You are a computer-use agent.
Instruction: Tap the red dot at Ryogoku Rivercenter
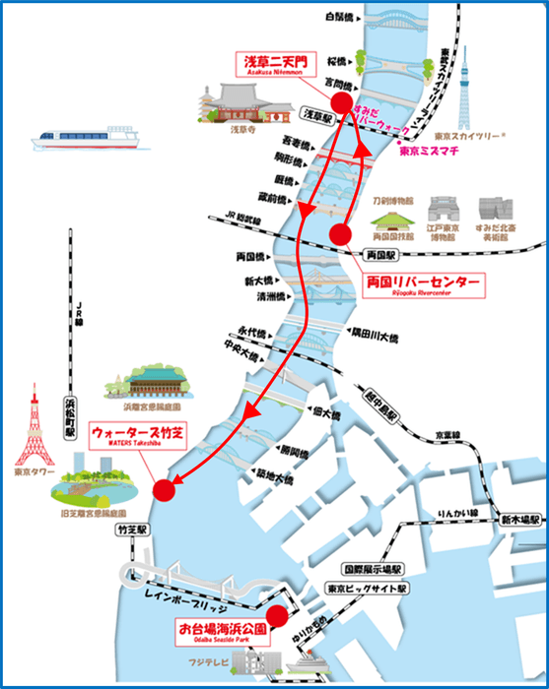point(341,234)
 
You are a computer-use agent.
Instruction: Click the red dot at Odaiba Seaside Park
point(278,616)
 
